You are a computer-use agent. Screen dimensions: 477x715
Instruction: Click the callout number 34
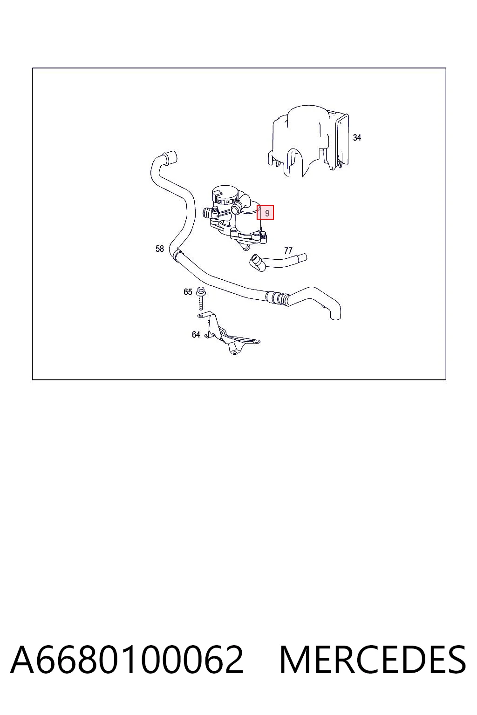coord(356,138)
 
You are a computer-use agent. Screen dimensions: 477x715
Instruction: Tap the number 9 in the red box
coord(267,213)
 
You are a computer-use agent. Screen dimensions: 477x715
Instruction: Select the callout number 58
coord(159,249)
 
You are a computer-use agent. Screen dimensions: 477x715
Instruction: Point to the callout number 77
coord(288,250)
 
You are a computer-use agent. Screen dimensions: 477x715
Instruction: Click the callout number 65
coord(188,292)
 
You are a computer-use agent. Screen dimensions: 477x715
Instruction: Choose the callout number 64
coord(196,335)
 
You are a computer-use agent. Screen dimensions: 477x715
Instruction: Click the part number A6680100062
coord(127,660)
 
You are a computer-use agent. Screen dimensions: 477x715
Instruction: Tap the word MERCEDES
coord(373,660)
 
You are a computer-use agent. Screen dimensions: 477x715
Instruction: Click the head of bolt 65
coord(201,290)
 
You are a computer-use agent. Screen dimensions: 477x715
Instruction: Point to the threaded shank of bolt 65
coord(201,302)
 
